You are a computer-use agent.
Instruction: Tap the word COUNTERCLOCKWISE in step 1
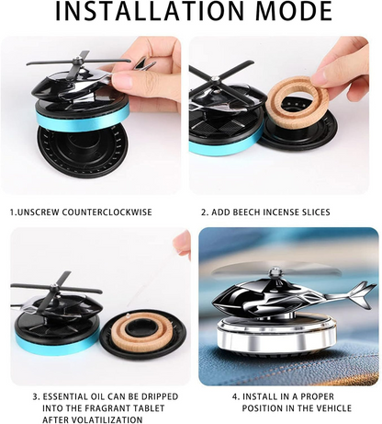point(118,212)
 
